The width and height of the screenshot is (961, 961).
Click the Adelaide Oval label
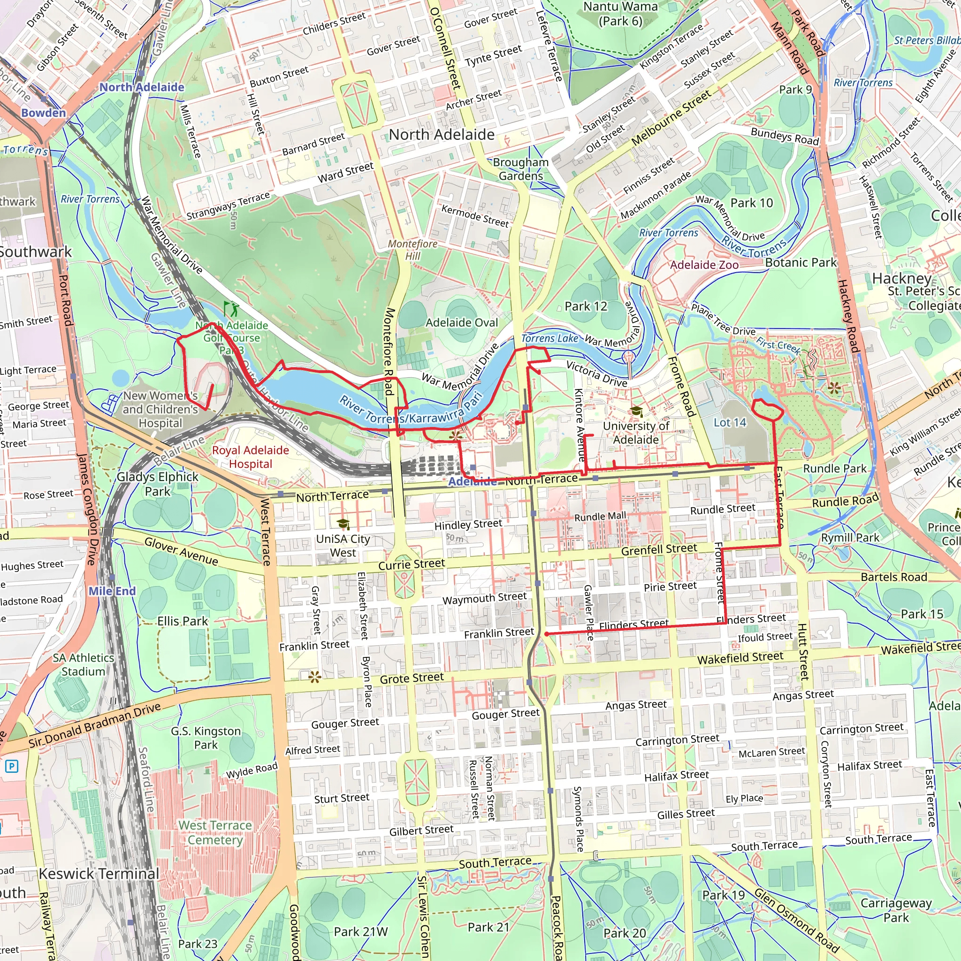coord(461,323)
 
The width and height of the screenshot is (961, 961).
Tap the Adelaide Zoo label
coord(704,265)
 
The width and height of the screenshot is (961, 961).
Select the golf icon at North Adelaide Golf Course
coord(230,309)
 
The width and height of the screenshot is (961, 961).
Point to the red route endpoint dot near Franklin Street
coord(547,634)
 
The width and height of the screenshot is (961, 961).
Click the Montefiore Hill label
coord(412,250)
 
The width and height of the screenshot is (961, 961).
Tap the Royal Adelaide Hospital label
coord(250,457)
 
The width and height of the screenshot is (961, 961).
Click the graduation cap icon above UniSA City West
coord(343,524)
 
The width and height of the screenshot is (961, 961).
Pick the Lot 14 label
coord(730,422)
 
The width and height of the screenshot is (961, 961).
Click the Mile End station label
coord(112,591)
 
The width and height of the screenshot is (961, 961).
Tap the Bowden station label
coord(43,113)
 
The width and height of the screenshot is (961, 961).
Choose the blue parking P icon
coord(11,766)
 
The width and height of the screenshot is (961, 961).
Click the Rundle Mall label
coord(600,516)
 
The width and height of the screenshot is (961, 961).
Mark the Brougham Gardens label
coord(521,169)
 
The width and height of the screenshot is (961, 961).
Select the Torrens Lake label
coord(549,338)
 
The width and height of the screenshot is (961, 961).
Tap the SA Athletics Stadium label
coord(83,664)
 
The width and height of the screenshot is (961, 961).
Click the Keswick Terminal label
coord(99,873)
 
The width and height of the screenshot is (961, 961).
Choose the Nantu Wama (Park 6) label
coord(620,14)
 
